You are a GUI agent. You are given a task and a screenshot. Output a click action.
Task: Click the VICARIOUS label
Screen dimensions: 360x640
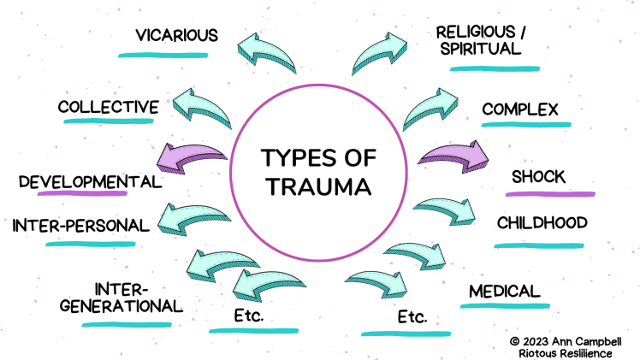(177, 36)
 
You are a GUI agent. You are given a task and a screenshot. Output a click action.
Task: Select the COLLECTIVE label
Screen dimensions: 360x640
(109, 108)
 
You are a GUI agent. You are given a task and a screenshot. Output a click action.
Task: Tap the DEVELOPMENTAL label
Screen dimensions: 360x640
(90, 181)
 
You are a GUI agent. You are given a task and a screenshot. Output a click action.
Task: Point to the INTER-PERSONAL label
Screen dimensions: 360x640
(80, 226)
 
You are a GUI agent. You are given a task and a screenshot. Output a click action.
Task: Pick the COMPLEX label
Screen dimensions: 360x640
(520, 109)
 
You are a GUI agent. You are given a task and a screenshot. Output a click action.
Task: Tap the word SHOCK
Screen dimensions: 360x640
(538, 177)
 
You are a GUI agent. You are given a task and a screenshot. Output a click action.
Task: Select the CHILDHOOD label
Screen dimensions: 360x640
(542, 223)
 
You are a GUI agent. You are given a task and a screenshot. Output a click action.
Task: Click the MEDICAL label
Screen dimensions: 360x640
(505, 291)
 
